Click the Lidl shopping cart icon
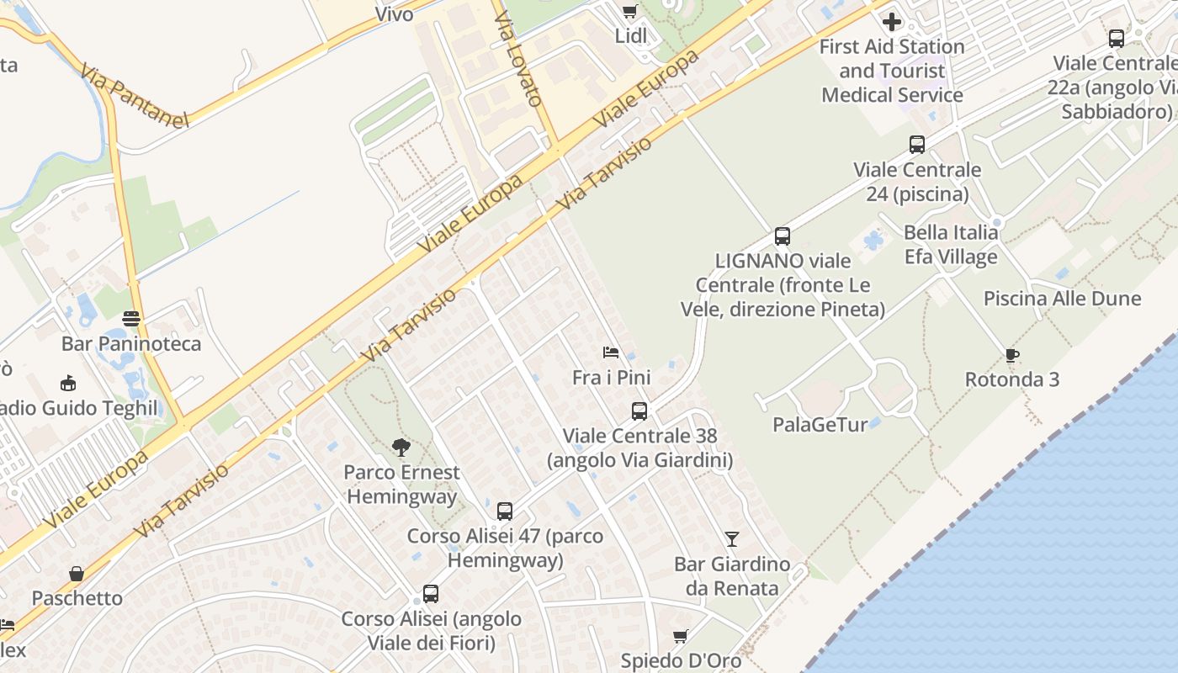[x=629, y=11]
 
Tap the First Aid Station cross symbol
[x=892, y=22]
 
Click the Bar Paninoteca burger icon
[x=131, y=319]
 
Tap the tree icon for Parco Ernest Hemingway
[x=401, y=448]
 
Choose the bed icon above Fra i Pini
[x=611, y=352]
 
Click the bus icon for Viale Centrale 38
[x=639, y=411]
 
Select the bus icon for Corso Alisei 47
[x=505, y=511]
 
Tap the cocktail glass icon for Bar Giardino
[x=732, y=538]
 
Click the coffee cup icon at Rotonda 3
[x=1012, y=355]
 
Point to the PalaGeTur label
[x=820, y=425]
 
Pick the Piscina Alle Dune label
[x=1062, y=299]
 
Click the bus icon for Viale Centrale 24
[x=917, y=145]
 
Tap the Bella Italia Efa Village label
[x=951, y=244]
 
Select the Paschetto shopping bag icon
[x=77, y=574]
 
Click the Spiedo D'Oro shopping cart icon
[x=681, y=636]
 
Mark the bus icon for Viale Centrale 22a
[x=1117, y=38]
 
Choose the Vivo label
[x=394, y=13]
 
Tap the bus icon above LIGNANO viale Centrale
[x=783, y=236]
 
